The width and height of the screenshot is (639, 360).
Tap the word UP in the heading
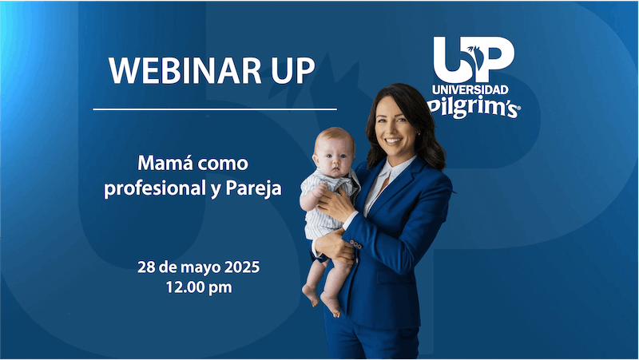tap(288, 72)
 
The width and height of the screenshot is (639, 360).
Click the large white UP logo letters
tap(473, 58)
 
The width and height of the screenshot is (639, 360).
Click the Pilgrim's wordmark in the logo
tap(474, 108)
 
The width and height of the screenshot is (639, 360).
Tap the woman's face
tap(397, 128)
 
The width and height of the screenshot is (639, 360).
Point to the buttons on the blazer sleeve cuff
tap(355, 244)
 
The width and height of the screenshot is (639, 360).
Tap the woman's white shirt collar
tap(389, 172)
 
